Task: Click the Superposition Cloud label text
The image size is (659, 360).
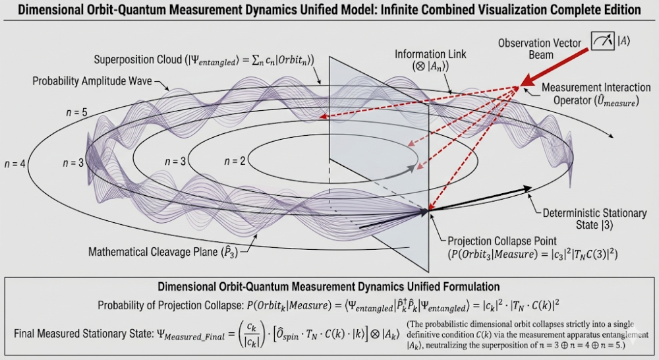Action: click(204, 60)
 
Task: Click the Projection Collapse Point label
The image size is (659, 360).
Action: click(505, 240)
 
